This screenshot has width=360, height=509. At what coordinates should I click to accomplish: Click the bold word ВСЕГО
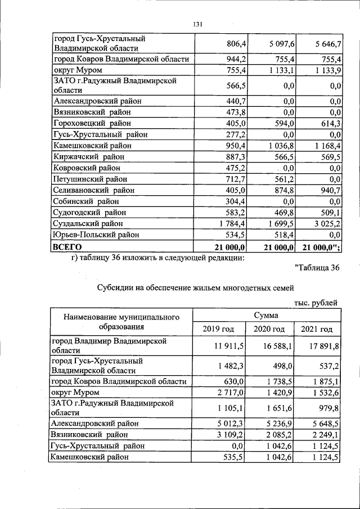67,247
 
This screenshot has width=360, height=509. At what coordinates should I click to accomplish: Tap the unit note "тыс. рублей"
316,303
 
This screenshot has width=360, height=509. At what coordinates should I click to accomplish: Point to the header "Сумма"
267,316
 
